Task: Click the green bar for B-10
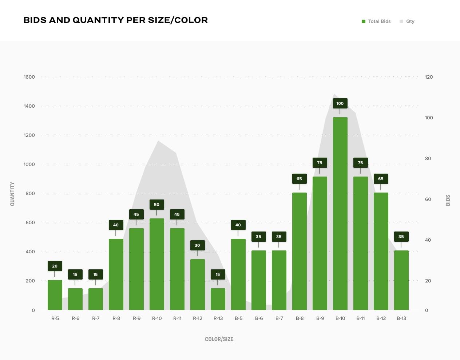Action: pos(340,213)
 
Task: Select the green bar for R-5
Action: pos(55,295)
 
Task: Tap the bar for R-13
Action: pos(218,299)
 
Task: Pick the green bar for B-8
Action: pos(299,251)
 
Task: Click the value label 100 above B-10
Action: pos(340,103)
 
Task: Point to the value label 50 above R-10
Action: pos(156,205)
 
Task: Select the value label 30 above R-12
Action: pos(197,245)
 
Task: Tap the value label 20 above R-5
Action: pos(55,266)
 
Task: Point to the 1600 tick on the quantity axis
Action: pos(29,77)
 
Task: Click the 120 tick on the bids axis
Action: pos(429,77)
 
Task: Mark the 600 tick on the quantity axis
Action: pos(29,222)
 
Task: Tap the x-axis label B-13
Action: pos(401,318)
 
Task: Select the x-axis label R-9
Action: pos(136,318)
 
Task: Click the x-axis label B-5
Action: pos(238,318)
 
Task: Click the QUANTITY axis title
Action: pos(12,194)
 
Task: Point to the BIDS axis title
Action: pos(448,200)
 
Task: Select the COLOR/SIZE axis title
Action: pos(219,339)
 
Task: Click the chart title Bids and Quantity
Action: pos(115,20)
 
